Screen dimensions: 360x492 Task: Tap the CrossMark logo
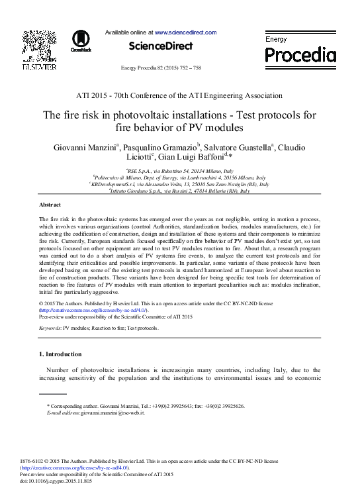coord(81,41)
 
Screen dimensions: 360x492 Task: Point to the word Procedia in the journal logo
coord(300,55)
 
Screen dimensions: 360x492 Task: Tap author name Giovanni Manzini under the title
coord(85,147)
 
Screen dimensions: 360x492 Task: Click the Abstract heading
coord(50,205)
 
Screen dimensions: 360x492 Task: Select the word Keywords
coord(50,328)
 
